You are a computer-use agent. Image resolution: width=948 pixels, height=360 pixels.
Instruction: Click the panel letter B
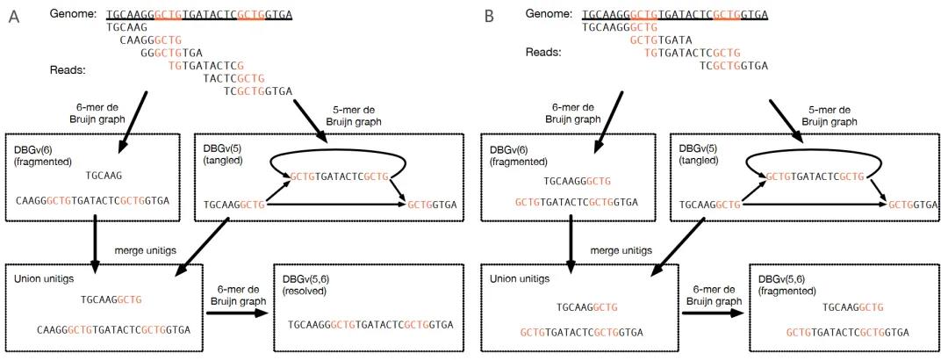[489, 17]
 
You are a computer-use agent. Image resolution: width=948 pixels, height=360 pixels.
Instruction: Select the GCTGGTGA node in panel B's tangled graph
[912, 204]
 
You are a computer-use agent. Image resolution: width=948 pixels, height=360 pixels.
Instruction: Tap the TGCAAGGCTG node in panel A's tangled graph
[234, 204]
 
